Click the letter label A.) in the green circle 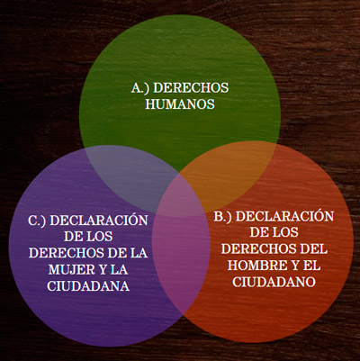(x=140, y=88)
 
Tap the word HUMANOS (x=180, y=104)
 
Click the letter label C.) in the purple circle (x=37, y=221)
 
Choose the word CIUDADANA (x=88, y=285)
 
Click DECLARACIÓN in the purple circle (x=99, y=220)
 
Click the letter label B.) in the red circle (x=223, y=217)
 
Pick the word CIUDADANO (x=274, y=282)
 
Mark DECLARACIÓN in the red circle (x=284, y=216)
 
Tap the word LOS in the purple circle (x=98, y=237)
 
